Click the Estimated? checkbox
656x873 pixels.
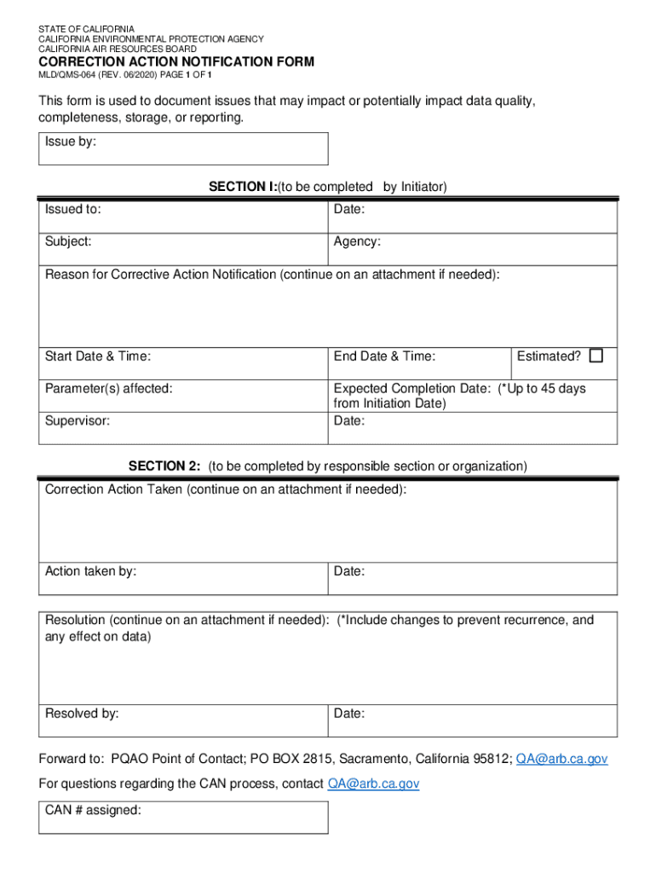[x=596, y=356]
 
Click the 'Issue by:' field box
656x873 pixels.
[x=183, y=148]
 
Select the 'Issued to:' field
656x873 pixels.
[x=183, y=217]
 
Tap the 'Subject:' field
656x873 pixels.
[x=183, y=249]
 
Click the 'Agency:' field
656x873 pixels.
[x=473, y=249]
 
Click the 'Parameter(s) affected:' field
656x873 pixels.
[x=183, y=396]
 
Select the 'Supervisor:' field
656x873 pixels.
[x=183, y=428]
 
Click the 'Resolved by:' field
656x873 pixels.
[x=183, y=720]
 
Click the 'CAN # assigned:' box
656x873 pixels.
[x=183, y=818]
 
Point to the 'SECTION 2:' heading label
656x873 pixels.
[x=164, y=466]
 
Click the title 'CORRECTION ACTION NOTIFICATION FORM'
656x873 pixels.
[x=176, y=62]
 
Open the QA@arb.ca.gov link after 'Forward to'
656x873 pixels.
[x=561, y=759]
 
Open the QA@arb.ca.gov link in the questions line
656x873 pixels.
[x=373, y=783]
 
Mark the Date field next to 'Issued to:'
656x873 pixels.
[x=473, y=217]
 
